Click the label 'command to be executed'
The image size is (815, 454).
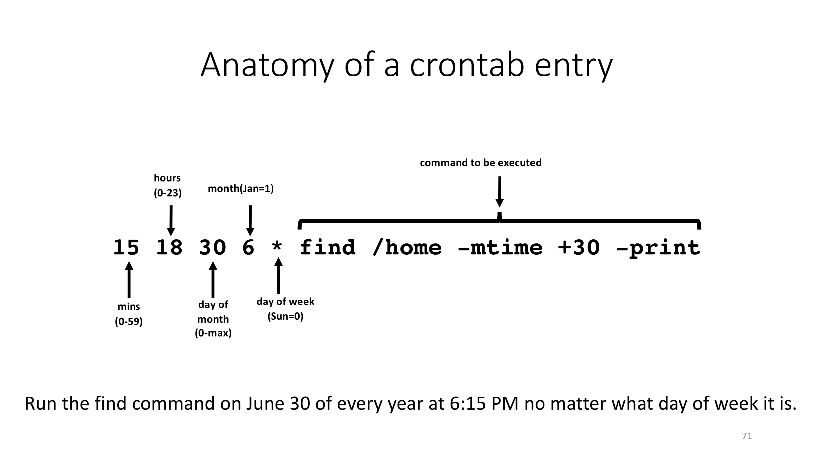[x=481, y=163]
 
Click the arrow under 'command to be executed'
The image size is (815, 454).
[x=500, y=192]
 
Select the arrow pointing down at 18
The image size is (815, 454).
[x=171, y=221]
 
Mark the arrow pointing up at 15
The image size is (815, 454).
[x=129, y=280]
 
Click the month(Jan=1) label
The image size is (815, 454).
[x=241, y=189]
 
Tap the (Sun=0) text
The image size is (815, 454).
[x=285, y=316]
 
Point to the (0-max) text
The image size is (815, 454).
[x=213, y=333]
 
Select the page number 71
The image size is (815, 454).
[x=747, y=436]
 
